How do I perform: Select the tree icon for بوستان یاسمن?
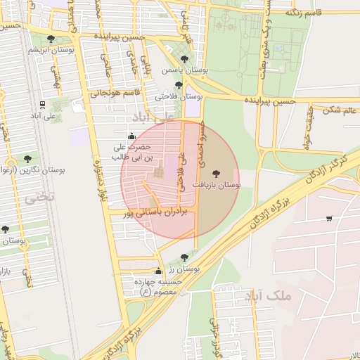(184, 60)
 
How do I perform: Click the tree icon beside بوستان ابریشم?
(50, 39)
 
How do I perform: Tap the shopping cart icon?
(329, 219)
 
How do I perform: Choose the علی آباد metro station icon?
(43, 105)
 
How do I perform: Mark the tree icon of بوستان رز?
(184, 257)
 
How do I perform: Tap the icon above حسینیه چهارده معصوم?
(158, 271)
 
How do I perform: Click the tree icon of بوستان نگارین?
(27, 159)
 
